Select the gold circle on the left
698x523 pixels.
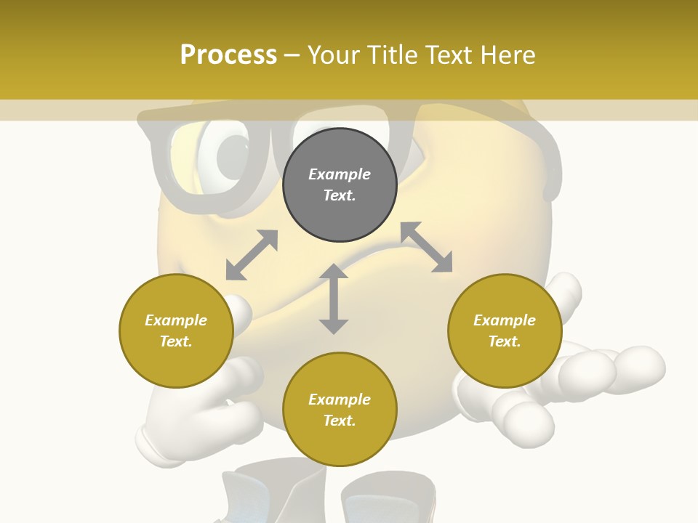[x=176, y=331]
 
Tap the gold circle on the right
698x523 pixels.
[x=505, y=331]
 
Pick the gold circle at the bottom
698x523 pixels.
[x=340, y=410]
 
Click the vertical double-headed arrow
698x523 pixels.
[x=334, y=299]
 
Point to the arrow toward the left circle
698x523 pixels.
[x=252, y=255]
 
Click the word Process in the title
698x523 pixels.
[x=228, y=55]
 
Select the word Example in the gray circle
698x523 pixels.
[x=340, y=174]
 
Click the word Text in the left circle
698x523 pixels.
[x=175, y=341]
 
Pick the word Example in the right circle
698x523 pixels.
[x=505, y=320]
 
